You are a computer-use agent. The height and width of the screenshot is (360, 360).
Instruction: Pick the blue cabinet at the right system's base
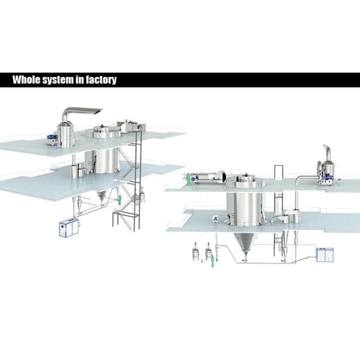(325, 255)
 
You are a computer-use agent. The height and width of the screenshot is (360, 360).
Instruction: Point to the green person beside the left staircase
(119, 200)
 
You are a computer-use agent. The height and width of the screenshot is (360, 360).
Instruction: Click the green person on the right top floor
(188, 179)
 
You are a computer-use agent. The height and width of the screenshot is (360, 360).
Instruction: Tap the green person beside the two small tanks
(212, 260)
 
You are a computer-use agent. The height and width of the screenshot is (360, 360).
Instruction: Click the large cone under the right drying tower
(245, 243)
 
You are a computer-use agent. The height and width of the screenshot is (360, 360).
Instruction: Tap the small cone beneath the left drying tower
(101, 196)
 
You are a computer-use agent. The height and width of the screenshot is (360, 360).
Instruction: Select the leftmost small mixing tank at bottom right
(196, 253)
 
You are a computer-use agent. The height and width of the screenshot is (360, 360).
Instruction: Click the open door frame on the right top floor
(279, 173)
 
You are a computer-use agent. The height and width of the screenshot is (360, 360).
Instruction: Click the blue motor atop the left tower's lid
(102, 126)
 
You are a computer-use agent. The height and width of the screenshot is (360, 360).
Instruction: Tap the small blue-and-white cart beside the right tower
(216, 220)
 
